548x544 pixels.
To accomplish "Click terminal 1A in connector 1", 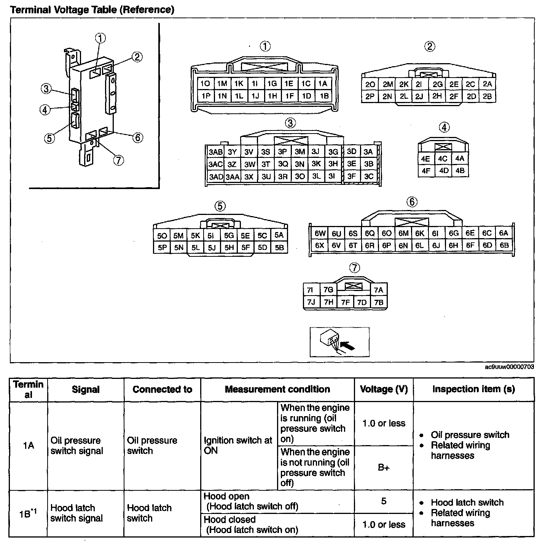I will tap(323, 84).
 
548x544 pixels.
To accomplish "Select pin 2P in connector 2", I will tap(370, 97).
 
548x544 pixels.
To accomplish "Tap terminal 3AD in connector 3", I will tap(216, 177).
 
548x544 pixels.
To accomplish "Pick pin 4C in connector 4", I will tap(443, 159).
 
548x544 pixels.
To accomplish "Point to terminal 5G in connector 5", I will tap(229, 235).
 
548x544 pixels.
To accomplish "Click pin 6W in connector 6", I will tap(320, 233).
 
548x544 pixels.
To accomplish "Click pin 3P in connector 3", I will tap(282, 152).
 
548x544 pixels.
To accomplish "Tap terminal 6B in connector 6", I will tap(504, 245).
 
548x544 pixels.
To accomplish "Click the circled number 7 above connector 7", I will tap(354, 268).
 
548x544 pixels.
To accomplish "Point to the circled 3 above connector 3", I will tap(290, 123).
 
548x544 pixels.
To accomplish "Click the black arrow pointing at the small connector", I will tap(347, 345).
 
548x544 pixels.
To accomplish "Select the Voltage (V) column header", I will tap(384, 389).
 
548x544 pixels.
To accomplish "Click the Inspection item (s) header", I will tap(473, 389).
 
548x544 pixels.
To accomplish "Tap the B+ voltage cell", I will tap(384, 468).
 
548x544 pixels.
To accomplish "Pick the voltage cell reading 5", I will tap(384, 501).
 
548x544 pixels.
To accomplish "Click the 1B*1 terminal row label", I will tap(28, 514).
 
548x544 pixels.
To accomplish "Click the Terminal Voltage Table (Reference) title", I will tap(92, 10).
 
